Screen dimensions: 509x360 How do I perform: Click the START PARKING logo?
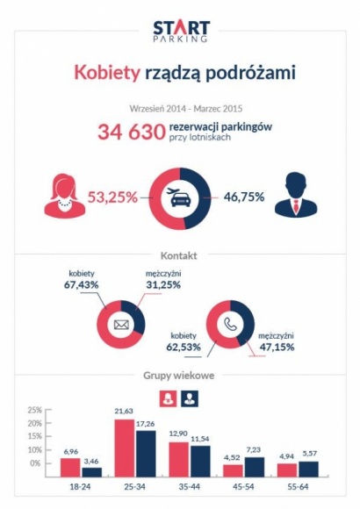[x=180, y=32]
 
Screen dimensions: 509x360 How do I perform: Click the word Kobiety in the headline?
[x=104, y=72]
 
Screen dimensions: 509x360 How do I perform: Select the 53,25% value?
[x=115, y=197]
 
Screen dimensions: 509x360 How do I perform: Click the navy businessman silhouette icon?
[x=295, y=196]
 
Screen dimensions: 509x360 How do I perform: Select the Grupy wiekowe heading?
[x=179, y=376]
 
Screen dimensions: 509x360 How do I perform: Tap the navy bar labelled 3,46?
[x=91, y=470]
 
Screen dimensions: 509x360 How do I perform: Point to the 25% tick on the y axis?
[x=34, y=410]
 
